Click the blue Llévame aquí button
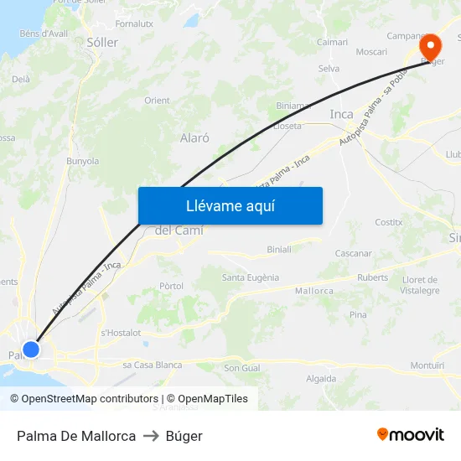pyautogui.click(x=230, y=205)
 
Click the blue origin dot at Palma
pyautogui.click(x=31, y=349)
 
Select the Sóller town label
pyautogui.click(x=102, y=42)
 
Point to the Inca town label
pyautogui.click(x=342, y=114)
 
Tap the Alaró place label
pyautogui.click(x=194, y=137)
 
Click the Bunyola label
pyautogui.click(x=82, y=161)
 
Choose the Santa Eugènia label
pyautogui.click(x=251, y=277)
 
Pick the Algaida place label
pyautogui.click(x=321, y=379)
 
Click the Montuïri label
pyautogui.click(x=427, y=365)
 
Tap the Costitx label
pyautogui.click(x=389, y=222)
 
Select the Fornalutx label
pyautogui.click(x=134, y=23)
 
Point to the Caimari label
pyautogui.click(x=332, y=41)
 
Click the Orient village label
pyautogui.click(x=157, y=101)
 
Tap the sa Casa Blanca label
pyautogui.click(x=153, y=365)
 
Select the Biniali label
pyautogui.click(x=279, y=249)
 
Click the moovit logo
pyautogui.click(x=411, y=435)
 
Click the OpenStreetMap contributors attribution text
pyautogui.click(x=91, y=399)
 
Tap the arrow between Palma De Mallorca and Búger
pyautogui.click(x=151, y=436)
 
